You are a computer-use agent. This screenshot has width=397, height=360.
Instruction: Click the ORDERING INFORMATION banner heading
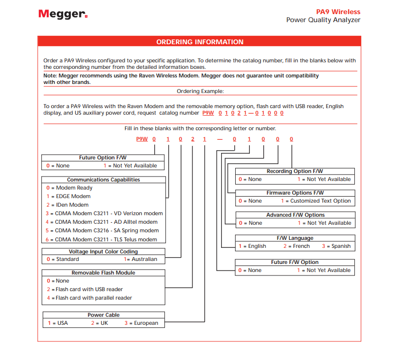200,42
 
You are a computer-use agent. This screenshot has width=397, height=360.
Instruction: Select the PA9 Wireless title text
338,12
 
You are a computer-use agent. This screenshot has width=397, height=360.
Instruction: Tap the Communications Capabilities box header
104,179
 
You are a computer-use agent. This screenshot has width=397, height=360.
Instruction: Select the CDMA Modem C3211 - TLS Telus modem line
104,239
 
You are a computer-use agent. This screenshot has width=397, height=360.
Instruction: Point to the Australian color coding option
143,259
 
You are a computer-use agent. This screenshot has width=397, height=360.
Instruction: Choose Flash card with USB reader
87,289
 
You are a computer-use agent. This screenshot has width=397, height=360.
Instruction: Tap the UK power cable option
102,323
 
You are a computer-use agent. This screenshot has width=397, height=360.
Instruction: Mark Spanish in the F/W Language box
339,246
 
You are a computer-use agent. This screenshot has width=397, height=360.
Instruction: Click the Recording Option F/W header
294,171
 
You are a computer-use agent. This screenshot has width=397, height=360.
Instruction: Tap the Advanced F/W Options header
295,215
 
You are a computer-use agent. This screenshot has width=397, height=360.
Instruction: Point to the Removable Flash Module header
104,273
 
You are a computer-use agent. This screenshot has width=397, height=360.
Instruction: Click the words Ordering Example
200,91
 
